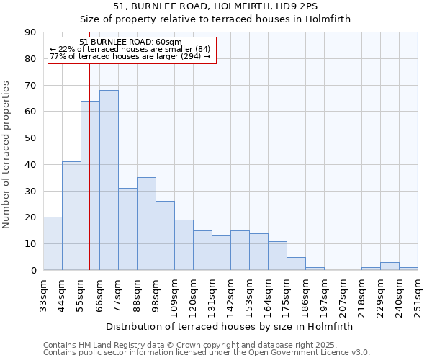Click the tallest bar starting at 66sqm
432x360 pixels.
click(x=109, y=180)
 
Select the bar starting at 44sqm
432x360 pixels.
click(x=71, y=216)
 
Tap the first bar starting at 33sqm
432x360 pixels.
click(x=53, y=243)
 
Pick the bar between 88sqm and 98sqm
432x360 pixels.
click(x=146, y=223)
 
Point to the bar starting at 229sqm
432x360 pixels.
click(x=390, y=266)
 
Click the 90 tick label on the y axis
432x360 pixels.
click(x=30, y=32)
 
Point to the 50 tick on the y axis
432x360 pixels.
click(x=30, y=138)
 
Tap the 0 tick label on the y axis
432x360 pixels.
click(x=33, y=270)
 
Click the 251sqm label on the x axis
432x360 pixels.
click(x=418, y=296)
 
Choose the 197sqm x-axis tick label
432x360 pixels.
click(x=325, y=296)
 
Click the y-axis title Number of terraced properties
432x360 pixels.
click(x=7, y=154)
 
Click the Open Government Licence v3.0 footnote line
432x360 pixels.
click(x=207, y=352)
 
